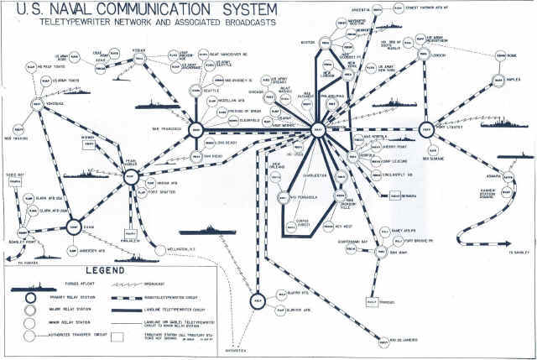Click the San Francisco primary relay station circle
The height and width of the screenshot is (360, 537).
(x=196, y=129)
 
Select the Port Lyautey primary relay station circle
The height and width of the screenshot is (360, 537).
(x=425, y=130)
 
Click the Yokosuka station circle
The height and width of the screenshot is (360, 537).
(x=38, y=105)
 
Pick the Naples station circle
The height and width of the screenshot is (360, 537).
(x=503, y=84)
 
